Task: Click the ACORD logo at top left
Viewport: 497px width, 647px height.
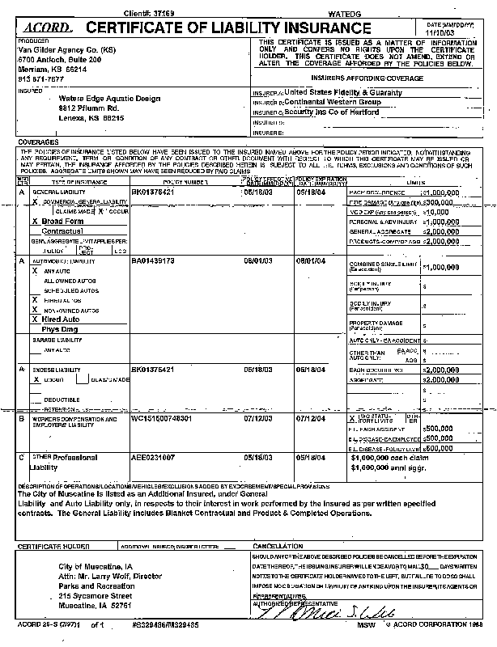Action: tap(40, 27)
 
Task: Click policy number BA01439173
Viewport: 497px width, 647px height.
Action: tap(152, 263)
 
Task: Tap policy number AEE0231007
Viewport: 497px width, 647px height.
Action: tap(153, 458)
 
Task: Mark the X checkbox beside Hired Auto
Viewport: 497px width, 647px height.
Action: tap(33, 319)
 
